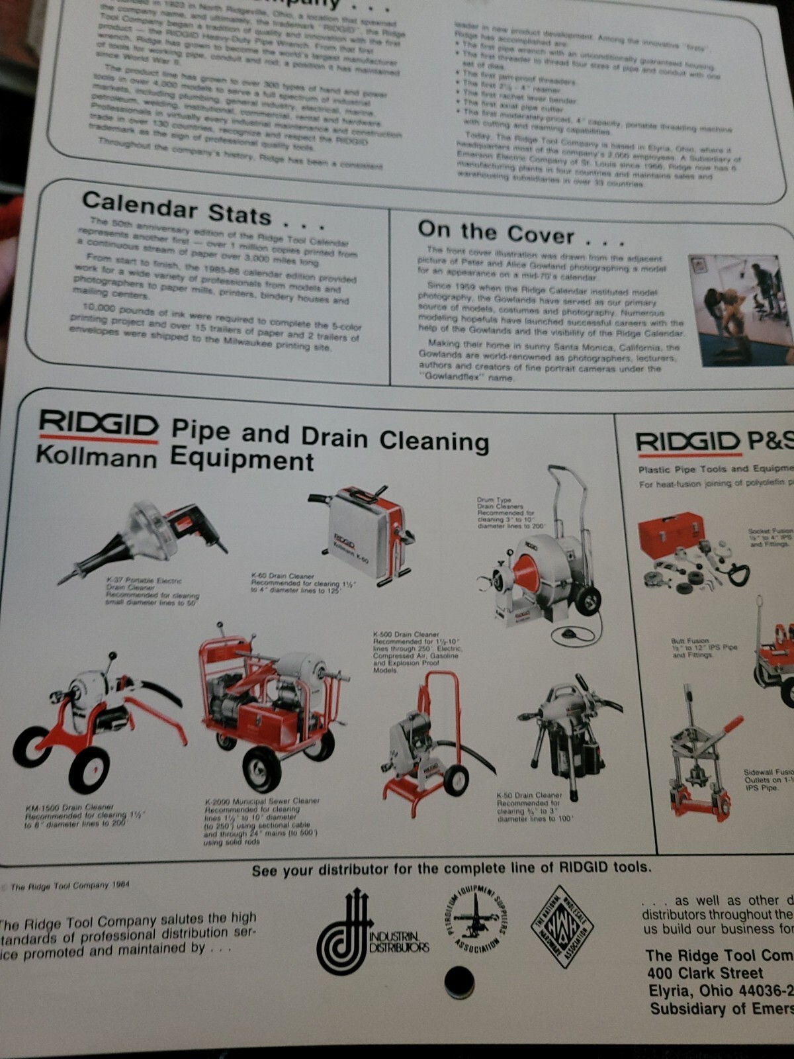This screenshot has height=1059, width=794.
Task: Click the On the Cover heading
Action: pyautogui.click(x=496, y=233)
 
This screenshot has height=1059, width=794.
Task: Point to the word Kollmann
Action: pyautogui.click(x=97, y=457)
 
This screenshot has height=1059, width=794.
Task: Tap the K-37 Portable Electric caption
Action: pyautogui.click(x=152, y=592)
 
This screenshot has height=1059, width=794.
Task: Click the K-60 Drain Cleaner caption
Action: pyautogui.click(x=303, y=582)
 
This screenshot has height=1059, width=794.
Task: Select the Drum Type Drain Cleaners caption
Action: pyautogui.click(x=510, y=513)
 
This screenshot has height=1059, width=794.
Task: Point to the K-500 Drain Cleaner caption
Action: pyautogui.click(x=417, y=652)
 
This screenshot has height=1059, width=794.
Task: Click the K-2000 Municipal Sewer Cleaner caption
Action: pyautogui.click(x=261, y=821)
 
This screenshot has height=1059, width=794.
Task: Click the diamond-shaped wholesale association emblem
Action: pyautogui.click(x=562, y=925)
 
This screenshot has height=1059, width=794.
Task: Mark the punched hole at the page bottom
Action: pyautogui.click(x=459, y=982)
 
